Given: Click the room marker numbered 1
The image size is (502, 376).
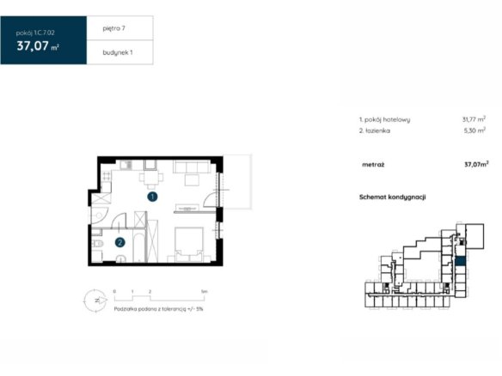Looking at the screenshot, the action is (x=152, y=197).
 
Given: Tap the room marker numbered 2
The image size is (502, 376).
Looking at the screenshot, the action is (x=120, y=243).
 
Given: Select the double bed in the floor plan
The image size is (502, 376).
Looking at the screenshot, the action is (x=189, y=245).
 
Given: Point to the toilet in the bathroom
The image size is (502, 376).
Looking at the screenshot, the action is (x=98, y=244).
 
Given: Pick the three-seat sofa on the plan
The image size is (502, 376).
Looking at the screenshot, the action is (x=192, y=167).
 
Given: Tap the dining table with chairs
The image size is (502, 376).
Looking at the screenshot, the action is (x=151, y=178).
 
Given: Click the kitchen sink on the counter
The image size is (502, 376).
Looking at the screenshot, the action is (x=126, y=165).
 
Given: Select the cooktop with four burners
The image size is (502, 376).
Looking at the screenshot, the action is (x=107, y=175).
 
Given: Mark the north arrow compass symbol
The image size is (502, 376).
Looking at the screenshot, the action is (x=95, y=300).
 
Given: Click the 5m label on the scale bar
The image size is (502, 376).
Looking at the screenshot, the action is (x=205, y=291).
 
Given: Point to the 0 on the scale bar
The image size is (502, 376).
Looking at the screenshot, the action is (x=114, y=291).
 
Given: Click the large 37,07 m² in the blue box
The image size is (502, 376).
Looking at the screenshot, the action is (x=38, y=46).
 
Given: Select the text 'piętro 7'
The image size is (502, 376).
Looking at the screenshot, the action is (x=114, y=28).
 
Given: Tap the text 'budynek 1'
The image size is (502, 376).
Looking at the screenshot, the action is (x=118, y=52).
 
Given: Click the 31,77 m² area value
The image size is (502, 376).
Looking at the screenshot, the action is (x=474, y=119).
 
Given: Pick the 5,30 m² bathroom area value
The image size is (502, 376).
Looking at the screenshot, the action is (x=474, y=130).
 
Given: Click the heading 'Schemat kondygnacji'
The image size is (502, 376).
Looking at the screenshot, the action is (x=393, y=197).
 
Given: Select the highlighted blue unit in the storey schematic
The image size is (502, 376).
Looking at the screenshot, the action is (x=460, y=261).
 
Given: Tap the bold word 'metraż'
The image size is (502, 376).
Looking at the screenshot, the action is (x=373, y=165).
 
